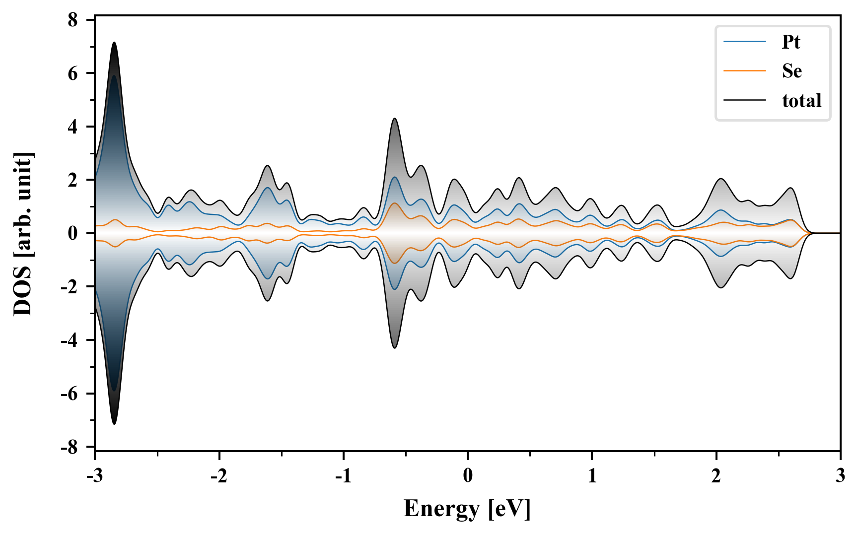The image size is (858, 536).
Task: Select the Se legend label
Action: coord(792,71)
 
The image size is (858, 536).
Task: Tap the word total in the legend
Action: coord(802,101)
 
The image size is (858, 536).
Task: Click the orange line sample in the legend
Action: coord(745,71)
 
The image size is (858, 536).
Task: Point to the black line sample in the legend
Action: coord(745,100)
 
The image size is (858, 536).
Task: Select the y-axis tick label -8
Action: coord(70,447)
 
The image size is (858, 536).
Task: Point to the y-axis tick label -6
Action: coord(70,394)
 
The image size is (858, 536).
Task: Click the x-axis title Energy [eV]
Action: coord(467,509)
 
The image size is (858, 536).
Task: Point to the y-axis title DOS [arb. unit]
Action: coord(23,234)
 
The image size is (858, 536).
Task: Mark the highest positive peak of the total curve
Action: coord(115,43)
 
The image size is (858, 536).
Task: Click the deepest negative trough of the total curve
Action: coord(115,424)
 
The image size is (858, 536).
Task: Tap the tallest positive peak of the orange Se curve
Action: coord(395,203)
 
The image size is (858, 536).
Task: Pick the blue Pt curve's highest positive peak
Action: coord(115,76)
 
